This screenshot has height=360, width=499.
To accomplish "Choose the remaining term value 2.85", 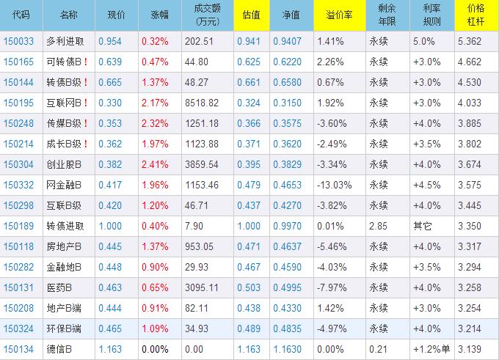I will click(x=379, y=227).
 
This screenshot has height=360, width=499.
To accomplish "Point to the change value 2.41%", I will click(x=155, y=165).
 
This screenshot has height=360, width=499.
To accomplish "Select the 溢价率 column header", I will click(x=337, y=15).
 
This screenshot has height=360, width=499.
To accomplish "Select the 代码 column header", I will click(x=21, y=15).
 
